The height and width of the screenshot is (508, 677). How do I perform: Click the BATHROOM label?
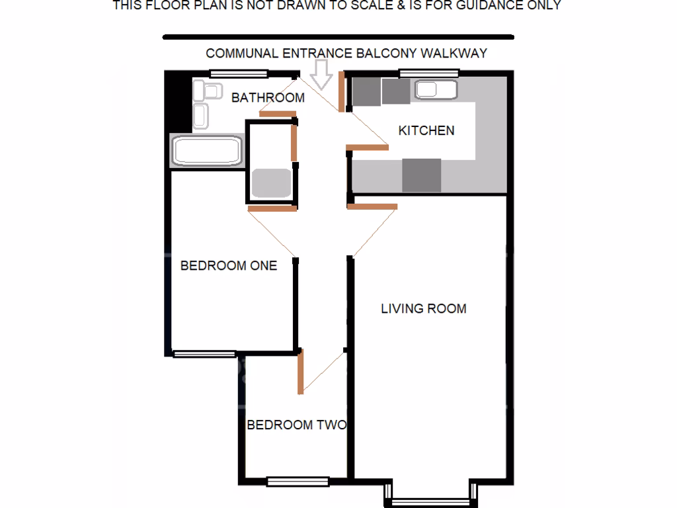pos(268,98)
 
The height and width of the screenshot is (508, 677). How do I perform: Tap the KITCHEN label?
pos(426,130)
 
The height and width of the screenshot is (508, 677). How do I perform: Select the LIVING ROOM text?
pos(423,308)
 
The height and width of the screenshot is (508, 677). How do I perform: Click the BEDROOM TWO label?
pos(297,425)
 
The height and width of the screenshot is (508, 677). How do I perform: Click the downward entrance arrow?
pos(323,75)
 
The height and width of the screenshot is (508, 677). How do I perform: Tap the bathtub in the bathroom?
pos(206,151)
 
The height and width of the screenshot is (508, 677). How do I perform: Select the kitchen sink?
pos(434,91)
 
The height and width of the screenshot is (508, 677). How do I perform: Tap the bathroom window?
pos(238,73)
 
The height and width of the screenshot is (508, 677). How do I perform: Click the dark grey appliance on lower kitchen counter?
pos(421,175)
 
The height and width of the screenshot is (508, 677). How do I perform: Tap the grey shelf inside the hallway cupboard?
pos(271,184)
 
